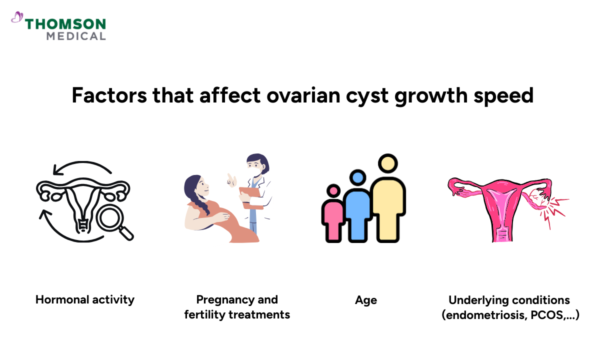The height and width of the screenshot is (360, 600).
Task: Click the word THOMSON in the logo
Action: [x=65, y=24]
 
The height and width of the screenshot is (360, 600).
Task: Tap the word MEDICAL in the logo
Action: [x=75, y=36]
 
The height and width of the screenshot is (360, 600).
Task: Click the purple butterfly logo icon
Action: [x=17, y=18]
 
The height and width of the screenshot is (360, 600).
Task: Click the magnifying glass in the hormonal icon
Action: [x=112, y=220]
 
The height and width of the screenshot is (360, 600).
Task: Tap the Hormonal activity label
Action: [x=85, y=299]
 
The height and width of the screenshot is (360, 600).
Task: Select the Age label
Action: [x=366, y=300]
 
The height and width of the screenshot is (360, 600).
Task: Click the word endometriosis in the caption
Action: [x=479, y=315]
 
